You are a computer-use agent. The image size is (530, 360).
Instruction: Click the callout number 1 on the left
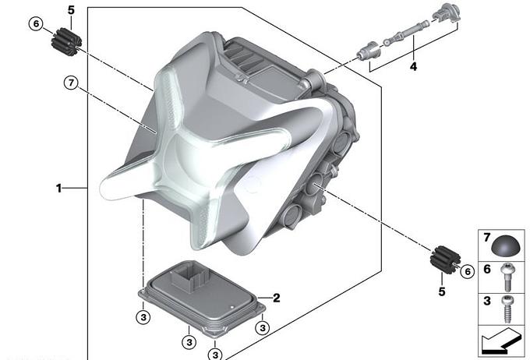tap(58, 189)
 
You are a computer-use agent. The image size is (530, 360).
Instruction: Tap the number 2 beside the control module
tap(276, 298)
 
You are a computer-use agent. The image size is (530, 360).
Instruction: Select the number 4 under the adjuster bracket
tap(413, 66)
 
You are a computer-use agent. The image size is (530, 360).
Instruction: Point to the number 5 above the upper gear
tap(71, 10)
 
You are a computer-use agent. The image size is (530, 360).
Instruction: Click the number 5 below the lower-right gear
tap(442, 291)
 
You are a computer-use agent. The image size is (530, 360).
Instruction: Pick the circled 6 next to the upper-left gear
tap(36, 24)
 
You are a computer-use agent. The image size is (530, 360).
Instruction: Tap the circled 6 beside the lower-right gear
tap(468, 271)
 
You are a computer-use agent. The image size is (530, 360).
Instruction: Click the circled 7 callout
tap(71, 83)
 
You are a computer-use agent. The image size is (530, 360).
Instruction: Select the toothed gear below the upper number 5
tap(66, 43)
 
